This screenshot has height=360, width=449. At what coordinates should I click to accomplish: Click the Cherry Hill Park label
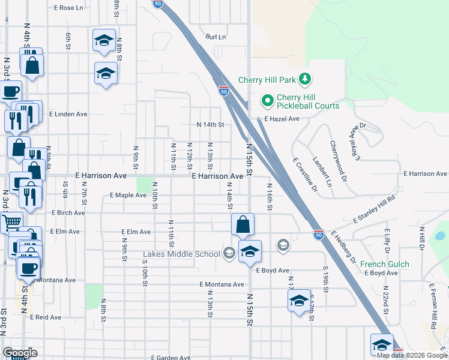tap(267, 80)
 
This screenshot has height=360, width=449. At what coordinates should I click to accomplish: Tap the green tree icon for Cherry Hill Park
tap(306, 79)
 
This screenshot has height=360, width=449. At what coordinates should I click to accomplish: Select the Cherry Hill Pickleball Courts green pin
tap(267, 100)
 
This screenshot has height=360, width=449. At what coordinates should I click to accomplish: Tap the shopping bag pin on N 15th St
tap(243, 225)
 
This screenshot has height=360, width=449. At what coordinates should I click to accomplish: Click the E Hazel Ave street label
tap(282, 119)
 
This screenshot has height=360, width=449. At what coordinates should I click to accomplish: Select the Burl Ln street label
tap(215, 37)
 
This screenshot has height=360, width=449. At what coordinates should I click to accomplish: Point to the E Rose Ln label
tap(68, 8)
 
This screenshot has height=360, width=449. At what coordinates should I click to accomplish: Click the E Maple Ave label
tap(128, 195)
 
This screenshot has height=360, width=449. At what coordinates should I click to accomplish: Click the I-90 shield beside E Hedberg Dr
tap(318, 234)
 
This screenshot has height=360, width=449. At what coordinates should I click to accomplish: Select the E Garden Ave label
tap(170, 357)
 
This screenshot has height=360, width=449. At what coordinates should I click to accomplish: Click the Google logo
tap(20, 353)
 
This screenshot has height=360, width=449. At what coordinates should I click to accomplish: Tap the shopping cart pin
tap(11, 223)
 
